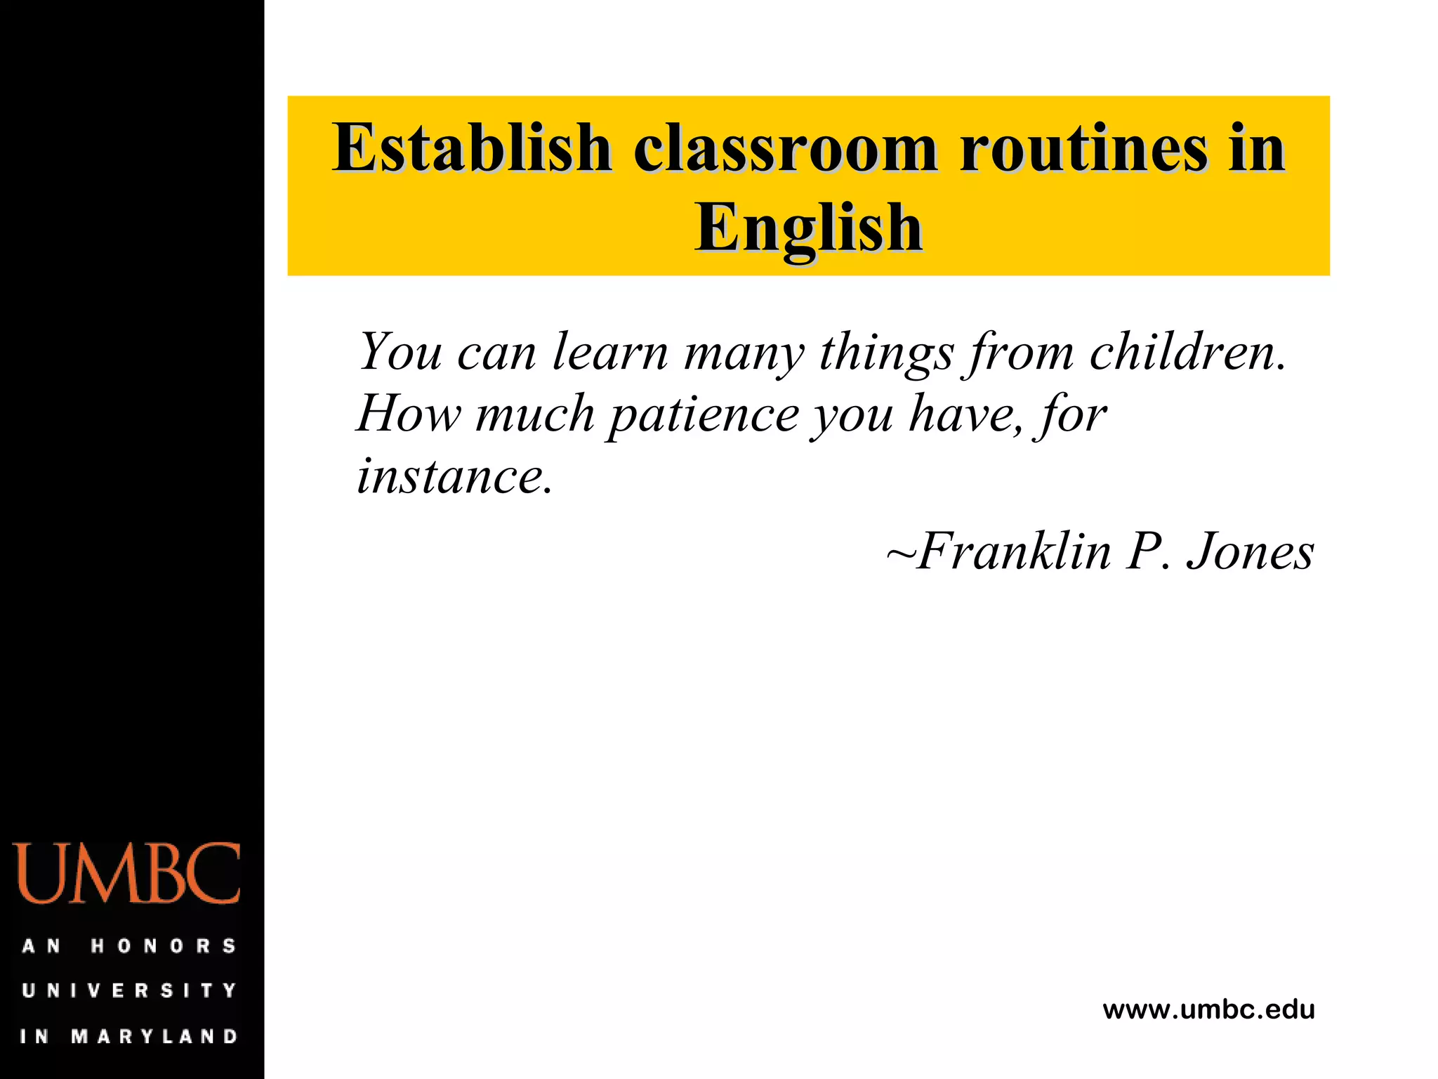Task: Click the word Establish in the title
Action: pos(472,148)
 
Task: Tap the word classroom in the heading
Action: pos(786,148)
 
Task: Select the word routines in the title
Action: pos(1083,148)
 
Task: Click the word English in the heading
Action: pos(809,228)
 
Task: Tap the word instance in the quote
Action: pos(454,477)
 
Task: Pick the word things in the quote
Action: pos(886,353)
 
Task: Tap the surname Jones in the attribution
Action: pos(1250,551)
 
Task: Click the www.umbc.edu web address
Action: pos(1208,1010)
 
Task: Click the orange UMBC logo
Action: pos(127,873)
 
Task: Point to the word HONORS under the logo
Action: pos(164,946)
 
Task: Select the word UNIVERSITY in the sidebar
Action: pos(130,990)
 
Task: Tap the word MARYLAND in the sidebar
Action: pos(155,1036)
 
